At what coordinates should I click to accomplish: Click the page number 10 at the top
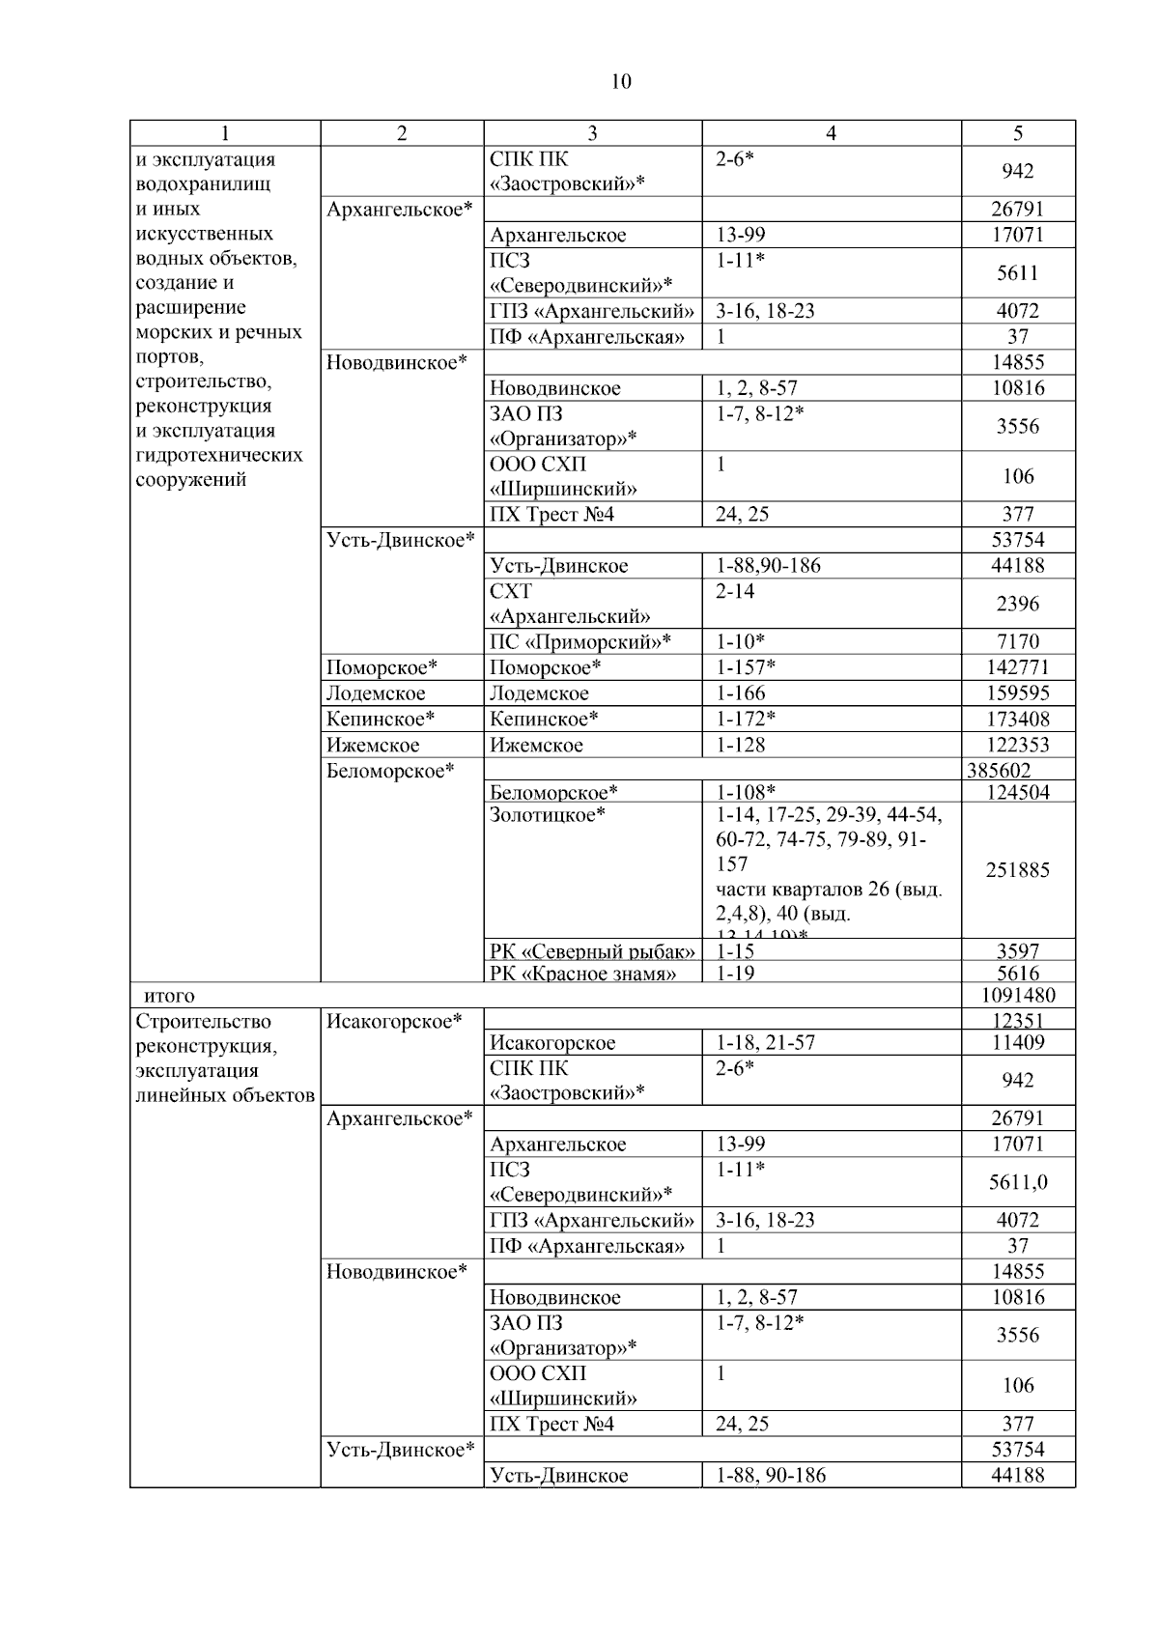pyautogui.click(x=621, y=82)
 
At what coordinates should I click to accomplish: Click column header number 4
pyautogui.click(x=831, y=134)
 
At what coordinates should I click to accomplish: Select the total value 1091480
pyautogui.click(x=1017, y=996)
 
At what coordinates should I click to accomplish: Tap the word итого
pyautogui.click(x=169, y=996)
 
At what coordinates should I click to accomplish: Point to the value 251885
pyautogui.click(x=1017, y=870)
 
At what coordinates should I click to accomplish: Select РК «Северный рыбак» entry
pyautogui.click(x=592, y=951)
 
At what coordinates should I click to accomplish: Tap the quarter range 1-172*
pyautogui.click(x=746, y=720)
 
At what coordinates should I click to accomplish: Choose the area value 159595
pyautogui.click(x=1017, y=693)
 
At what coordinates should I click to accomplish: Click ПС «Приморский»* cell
pyautogui.click(x=579, y=642)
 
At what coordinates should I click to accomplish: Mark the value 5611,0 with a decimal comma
pyautogui.click(x=1018, y=1182)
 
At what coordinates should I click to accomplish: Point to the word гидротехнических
pyautogui.click(x=219, y=455)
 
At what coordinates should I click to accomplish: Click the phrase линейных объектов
pyautogui.click(x=225, y=1095)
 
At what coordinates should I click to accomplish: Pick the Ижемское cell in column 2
pyautogui.click(x=373, y=746)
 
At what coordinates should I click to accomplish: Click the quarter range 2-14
pyautogui.click(x=735, y=591)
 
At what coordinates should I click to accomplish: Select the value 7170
pyautogui.click(x=1017, y=642)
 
